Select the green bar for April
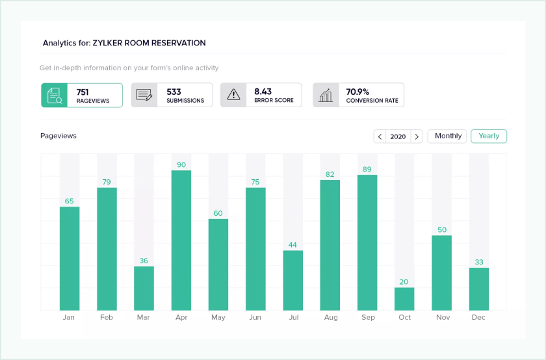coord(181,240)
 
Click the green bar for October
coord(404,299)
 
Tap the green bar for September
coord(367,242)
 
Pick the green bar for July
coord(293,280)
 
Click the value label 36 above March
coord(144,261)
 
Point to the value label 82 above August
coord(330,175)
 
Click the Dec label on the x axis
coord(479,318)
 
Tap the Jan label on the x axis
coord(69,318)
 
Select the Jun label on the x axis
coord(255,318)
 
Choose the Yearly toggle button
coord(489,136)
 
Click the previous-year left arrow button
coord(380,136)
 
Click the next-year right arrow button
coord(417,136)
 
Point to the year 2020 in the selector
coord(398,136)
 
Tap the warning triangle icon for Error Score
coord(233,95)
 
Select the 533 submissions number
coord(174,92)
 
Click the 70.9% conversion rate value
coord(357,92)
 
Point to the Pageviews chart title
coord(58,136)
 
